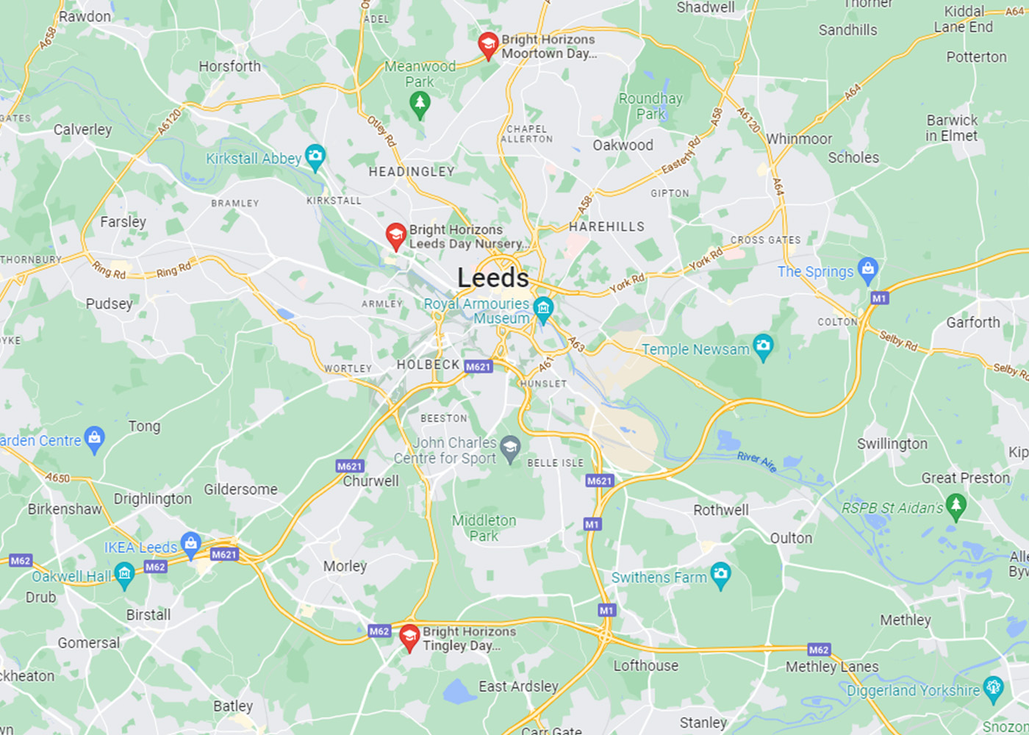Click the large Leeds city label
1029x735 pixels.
pos(492,278)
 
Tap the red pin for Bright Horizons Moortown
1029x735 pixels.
pos(488,45)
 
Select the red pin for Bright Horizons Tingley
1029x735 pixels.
pos(409,637)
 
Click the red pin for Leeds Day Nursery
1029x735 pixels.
pos(395,236)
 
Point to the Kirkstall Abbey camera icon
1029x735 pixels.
pos(315,156)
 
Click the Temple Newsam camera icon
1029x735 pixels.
pos(763,346)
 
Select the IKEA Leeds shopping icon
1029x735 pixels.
pos(190,545)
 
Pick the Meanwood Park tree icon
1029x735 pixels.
pos(420,104)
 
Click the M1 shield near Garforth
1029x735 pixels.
pos(879,298)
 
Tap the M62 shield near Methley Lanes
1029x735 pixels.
pos(818,650)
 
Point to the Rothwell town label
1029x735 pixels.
pos(720,510)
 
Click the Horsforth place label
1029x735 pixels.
pos(229,66)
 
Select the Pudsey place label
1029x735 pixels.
pos(109,304)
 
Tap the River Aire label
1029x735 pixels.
pos(756,461)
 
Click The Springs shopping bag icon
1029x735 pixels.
pos(868,270)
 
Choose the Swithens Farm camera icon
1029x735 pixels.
pos(720,575)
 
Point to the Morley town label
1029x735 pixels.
pos(345,566)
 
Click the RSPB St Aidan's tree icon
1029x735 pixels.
pos(955,506)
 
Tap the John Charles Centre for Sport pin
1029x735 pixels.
pos(510,446)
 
